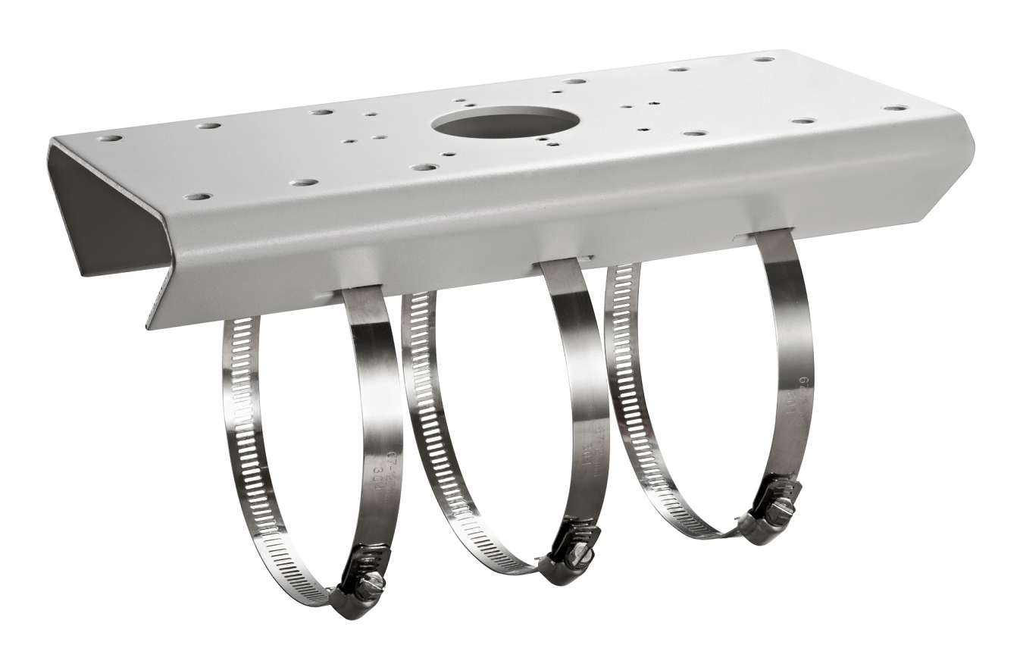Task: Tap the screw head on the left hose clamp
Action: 371,584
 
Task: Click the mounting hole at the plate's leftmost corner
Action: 111,139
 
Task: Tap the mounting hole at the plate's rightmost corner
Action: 896,108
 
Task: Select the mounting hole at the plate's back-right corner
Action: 763,59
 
